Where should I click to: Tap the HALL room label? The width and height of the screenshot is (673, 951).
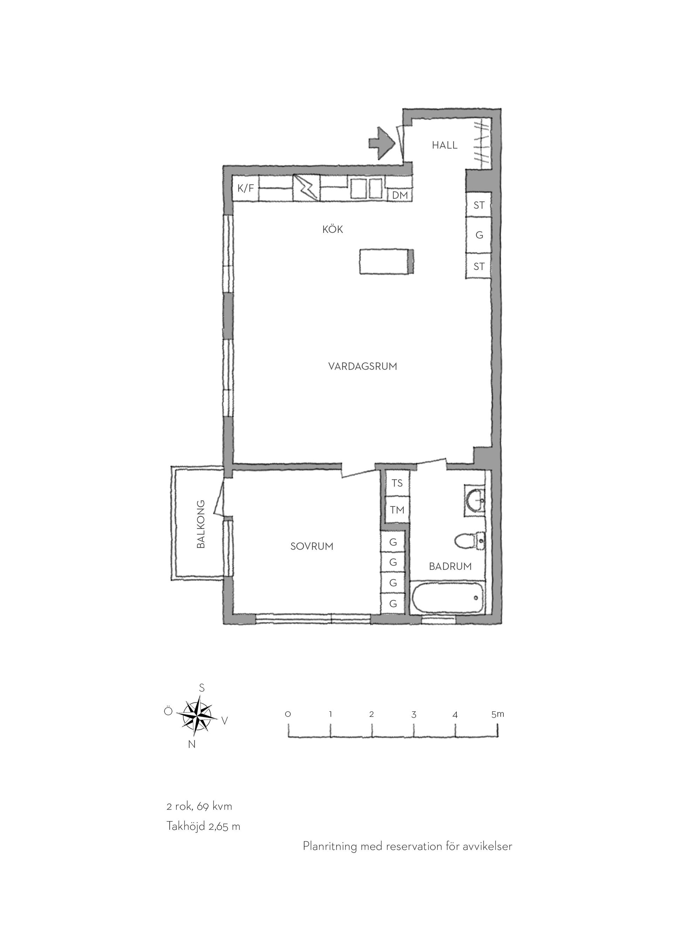[445, 145]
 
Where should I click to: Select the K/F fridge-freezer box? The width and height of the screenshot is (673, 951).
[246, 189]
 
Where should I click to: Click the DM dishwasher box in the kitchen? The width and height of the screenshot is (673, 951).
[400, 195]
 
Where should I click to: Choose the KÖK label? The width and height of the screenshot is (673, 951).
[333, 229]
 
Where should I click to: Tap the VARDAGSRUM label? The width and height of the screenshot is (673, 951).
[362, 366]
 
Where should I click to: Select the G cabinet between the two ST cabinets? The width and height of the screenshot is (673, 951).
[479, 235]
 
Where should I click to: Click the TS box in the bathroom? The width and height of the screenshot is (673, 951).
[397, 483]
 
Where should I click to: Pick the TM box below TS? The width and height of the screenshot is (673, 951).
[397, 510]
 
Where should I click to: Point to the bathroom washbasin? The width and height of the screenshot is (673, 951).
[475, 500]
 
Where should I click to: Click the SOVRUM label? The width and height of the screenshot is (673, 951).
[312, 546]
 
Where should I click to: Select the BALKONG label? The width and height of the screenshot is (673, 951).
[201, 524]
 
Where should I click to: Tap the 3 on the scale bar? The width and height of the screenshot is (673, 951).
[414, 715]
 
